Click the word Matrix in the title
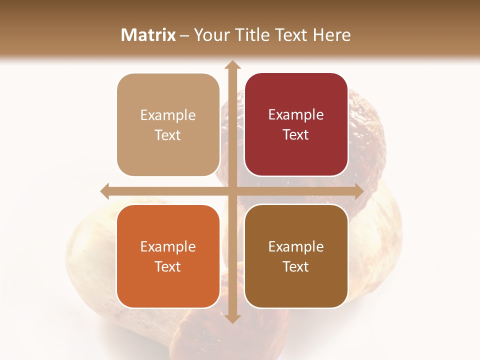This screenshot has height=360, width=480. point(148,35)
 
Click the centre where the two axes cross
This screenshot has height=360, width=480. point(232,191)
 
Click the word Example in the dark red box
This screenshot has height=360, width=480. point(296,115)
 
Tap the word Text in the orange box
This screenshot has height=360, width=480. point(168,266)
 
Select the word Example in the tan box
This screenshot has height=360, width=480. point(168,115)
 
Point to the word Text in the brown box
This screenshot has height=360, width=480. point(296,266)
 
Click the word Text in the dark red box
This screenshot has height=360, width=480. point(296,135)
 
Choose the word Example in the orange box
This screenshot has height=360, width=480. point(168,246)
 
